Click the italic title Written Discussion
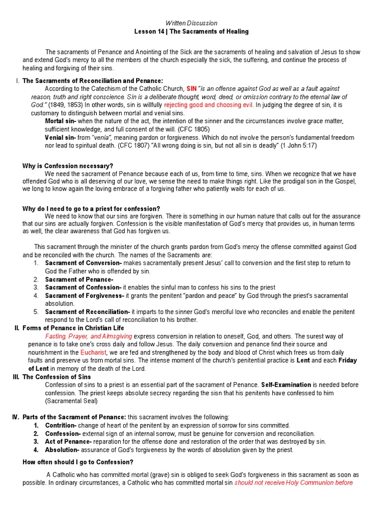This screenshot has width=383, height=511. pyautogui.click(x=191, y=23)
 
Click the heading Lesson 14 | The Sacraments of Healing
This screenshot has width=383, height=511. pyautogui.click(x=191, y=31)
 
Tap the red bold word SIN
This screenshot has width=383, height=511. pyautogui.click(x=192, y=88)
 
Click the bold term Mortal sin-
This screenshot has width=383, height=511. pyautogui.click(x=60, y=121)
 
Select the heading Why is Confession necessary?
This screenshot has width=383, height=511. pyautogui.click(x=68, y=166)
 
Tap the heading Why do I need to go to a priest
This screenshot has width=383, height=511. pyautogui.click(x=91, y=208)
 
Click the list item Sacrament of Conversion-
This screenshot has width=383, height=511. pyautogui.click(x=83, y=263)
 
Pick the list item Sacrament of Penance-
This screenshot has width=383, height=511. pyautogui.click(x=79, y=279)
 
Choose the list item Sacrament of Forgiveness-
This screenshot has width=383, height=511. pyautogui.click(x=84, y=296)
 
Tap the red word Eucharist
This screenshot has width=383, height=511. pyautogui.click(x=94, y=352)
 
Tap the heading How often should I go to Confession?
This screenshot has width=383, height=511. pyautogui.click(x=78, y=462)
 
